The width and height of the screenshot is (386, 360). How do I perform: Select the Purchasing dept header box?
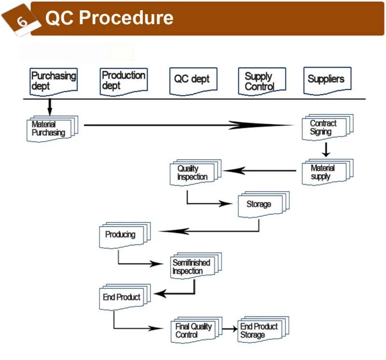pos(53,81)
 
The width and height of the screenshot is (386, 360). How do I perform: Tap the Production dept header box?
pos(123,81)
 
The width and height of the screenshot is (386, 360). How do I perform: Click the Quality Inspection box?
pos(193,173)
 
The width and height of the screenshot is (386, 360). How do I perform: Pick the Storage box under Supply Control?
pos(261,204)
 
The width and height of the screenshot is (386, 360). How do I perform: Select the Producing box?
pos(122,235)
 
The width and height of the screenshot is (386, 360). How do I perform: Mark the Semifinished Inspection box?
pos(193,266)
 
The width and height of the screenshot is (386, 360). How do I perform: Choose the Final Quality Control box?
pos(194,331)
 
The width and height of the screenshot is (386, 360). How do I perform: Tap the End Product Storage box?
pos(261,331)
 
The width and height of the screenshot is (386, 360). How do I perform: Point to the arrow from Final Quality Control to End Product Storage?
pos(230,329)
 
